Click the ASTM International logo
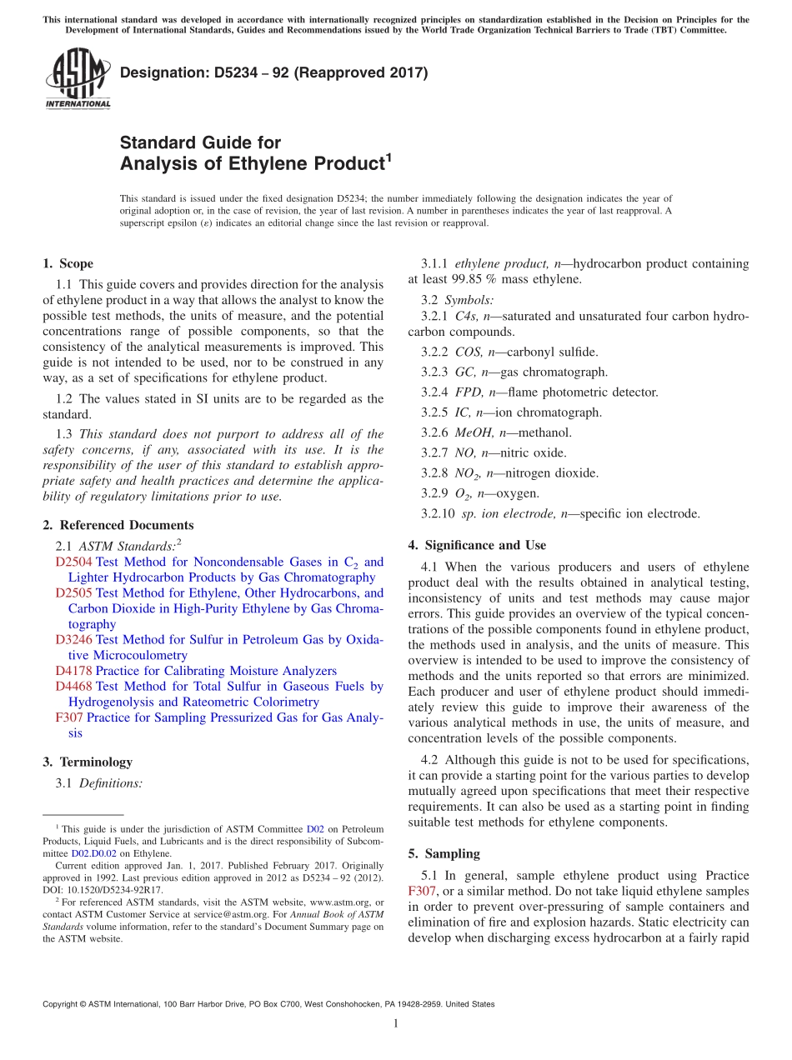[x=78, y=79]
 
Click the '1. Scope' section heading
[x=68, y=264]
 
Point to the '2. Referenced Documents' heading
[x=118, y=526]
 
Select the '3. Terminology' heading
[x=87, y=762]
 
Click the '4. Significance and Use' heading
[x=477, y=546]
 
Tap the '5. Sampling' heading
[x=444, y=854]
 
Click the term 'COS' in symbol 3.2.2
[x=469, y=352]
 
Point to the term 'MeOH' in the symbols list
[x=474, y=432]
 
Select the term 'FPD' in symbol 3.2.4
[x=469, y=392]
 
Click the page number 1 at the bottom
[x=396, y=1024]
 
